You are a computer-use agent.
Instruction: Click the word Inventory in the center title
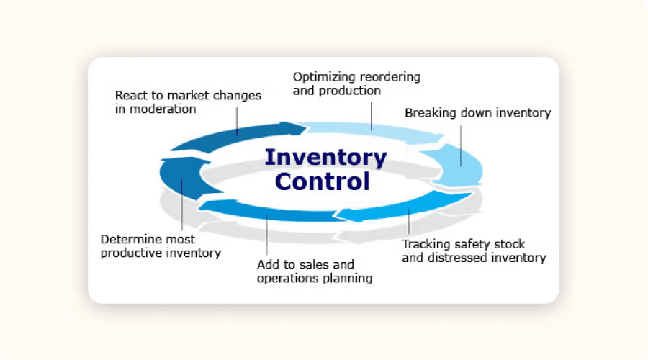326,158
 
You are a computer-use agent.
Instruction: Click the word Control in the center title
323,182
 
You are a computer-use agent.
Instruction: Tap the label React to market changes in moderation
188,102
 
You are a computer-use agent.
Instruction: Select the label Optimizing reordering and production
356,84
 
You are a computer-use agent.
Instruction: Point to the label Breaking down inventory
478,113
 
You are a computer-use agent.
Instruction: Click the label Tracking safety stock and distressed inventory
474,251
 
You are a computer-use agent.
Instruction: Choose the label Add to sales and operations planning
315,271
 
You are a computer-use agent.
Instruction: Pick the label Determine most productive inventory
161,246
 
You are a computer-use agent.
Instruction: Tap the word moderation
163,109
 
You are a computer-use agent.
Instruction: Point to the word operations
287,279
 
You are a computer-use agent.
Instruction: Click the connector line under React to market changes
237,122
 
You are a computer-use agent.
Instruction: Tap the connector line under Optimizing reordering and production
371,116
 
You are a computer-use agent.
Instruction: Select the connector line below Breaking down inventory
461,146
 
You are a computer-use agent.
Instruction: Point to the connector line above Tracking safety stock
409,222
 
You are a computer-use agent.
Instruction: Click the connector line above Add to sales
266,234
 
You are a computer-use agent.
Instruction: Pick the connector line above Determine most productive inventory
182,204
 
